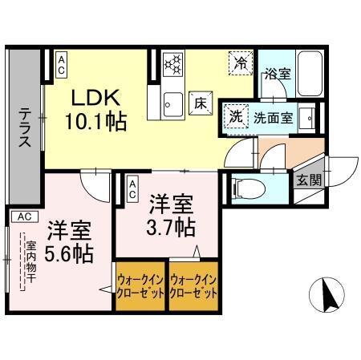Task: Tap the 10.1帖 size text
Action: tap(97, 122)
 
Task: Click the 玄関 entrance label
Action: tap(308, 180)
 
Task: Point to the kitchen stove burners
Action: tap(173, 64)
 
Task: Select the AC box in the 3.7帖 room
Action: tap(132, 188)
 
